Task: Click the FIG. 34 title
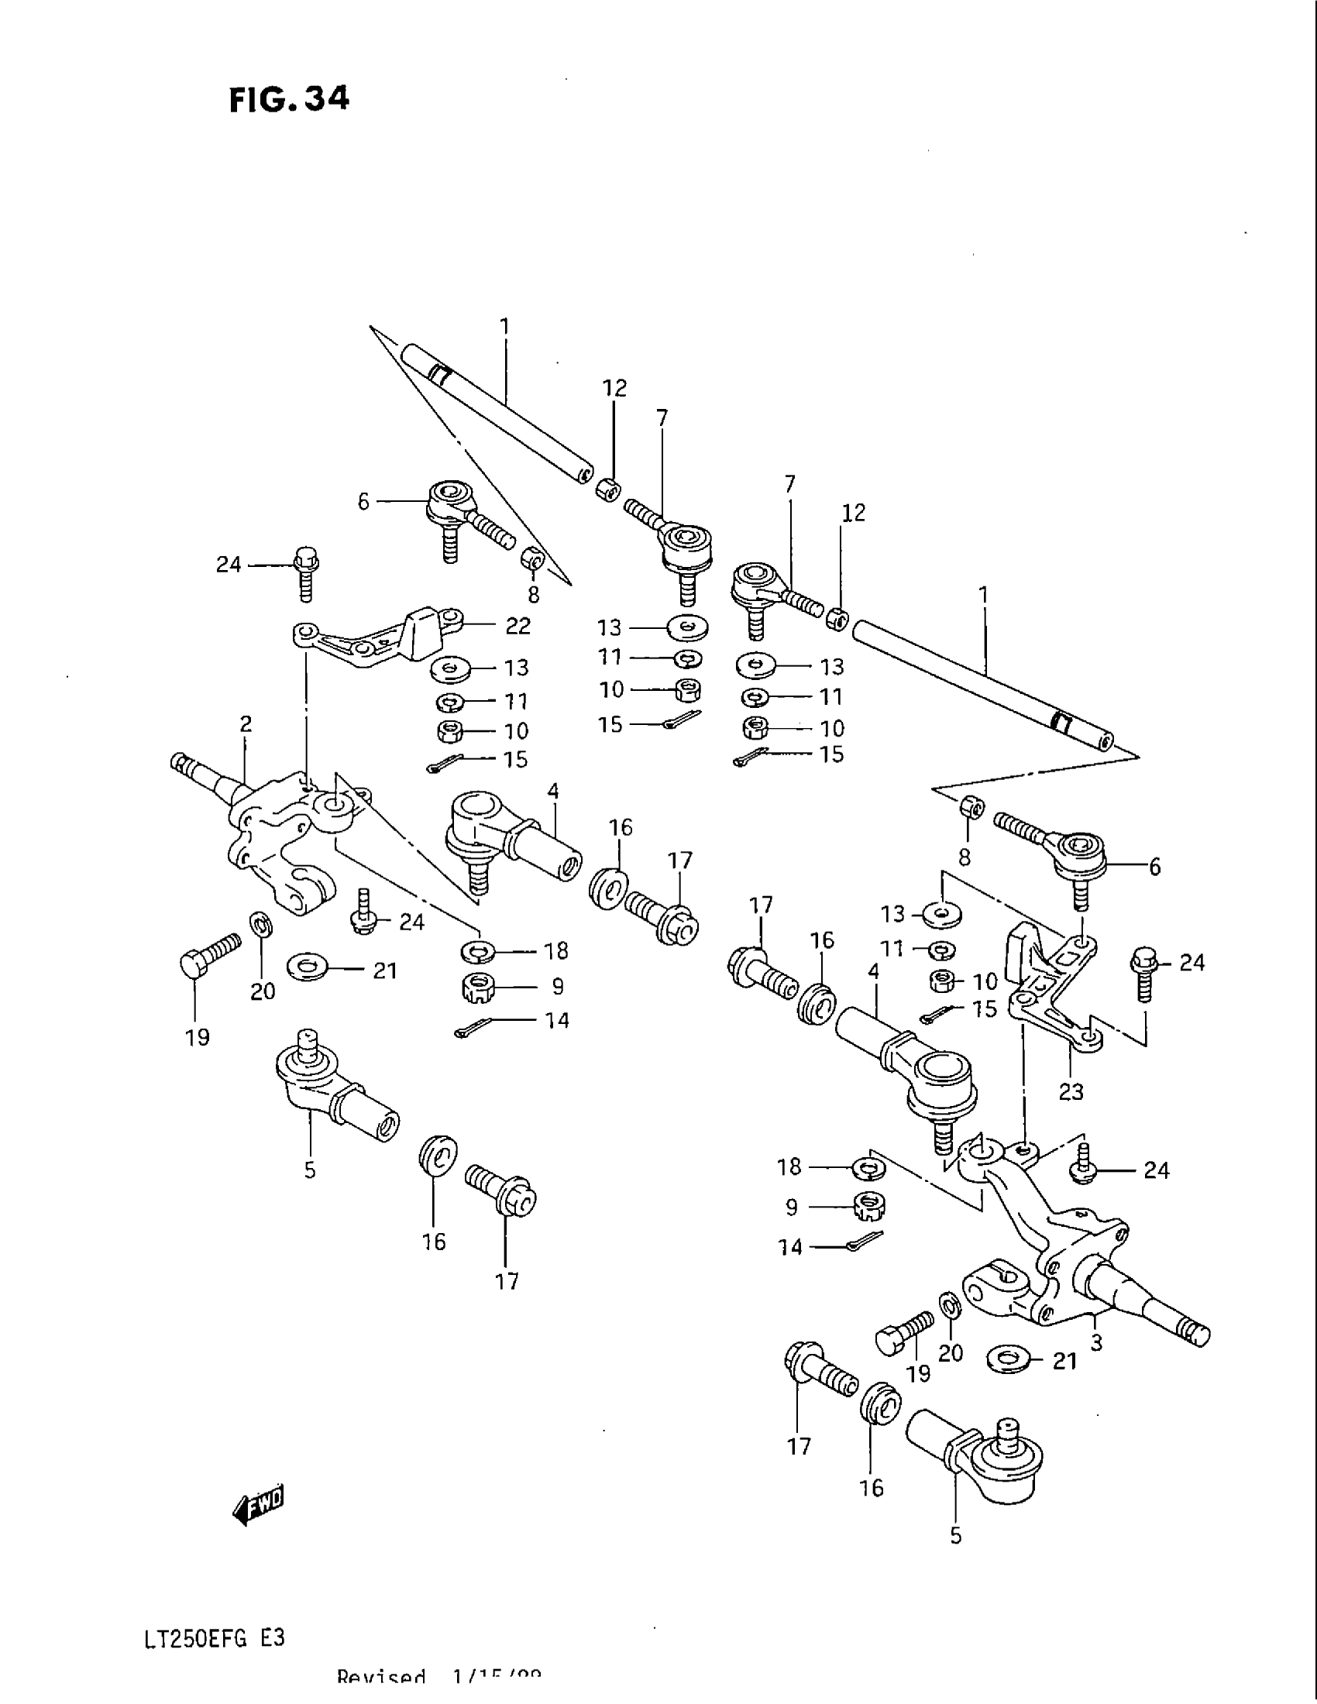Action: tap(290, 100)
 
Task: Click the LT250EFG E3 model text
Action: tap(215, 1636)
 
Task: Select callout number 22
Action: tap(518, 626)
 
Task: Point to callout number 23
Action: tap(1071, 1091)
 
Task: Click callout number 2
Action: tap(246, 724)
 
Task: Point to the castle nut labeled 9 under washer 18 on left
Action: tap(476, 988)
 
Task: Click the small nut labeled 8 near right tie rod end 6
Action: tap(971, 809)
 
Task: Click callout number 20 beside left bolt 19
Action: tap(263, 991)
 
